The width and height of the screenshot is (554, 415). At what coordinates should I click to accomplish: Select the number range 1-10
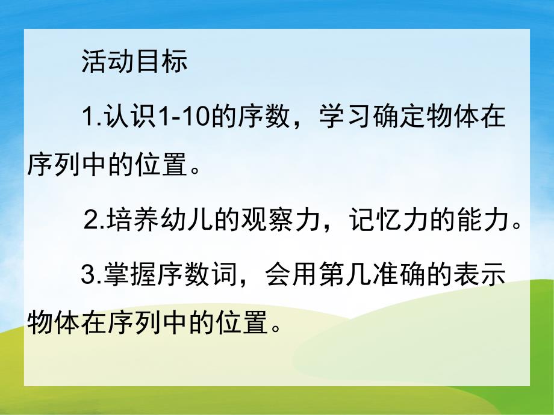point(180,115)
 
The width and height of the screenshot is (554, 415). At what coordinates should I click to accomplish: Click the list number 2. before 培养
point(95,223)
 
